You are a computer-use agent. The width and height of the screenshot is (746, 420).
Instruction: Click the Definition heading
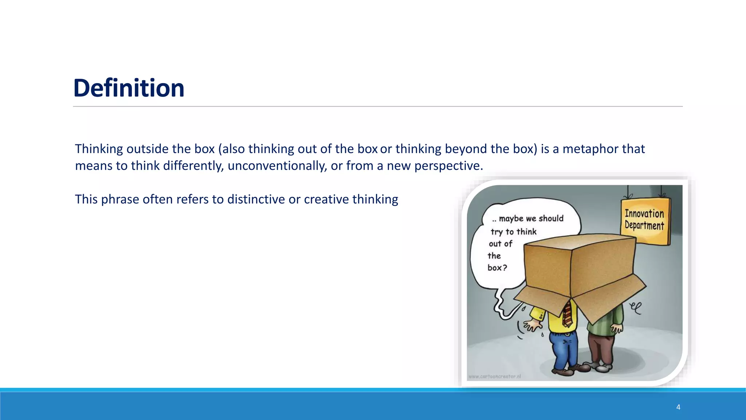click(129, 88)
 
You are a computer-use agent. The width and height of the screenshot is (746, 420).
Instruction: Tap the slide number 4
click(678, 407)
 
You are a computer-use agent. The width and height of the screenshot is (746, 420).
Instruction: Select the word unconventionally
click(277, 166)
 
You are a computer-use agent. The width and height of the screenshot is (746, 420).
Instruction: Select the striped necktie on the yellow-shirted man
click(567, 314)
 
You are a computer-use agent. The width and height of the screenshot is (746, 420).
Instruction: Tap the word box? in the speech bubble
click(497, 268)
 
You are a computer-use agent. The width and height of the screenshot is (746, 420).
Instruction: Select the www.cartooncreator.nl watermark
click(494, 376)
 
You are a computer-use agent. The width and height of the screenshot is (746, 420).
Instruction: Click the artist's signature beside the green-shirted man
click(635, 308)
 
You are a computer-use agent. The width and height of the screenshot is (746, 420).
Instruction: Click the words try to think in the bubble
click(513, 232)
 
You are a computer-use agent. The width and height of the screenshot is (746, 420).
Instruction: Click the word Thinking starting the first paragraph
click(99, 149)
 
